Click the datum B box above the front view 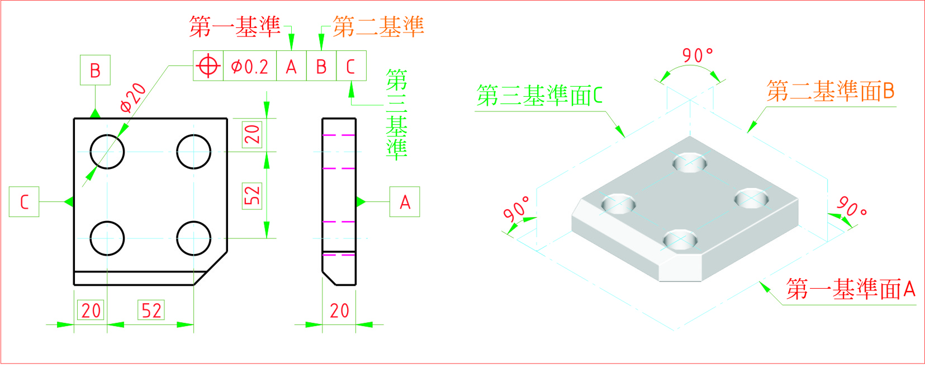(x=95, y=70)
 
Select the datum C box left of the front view (x=24, y=202)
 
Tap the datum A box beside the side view (x=405, y=202)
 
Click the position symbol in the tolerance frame (x=208, y=66)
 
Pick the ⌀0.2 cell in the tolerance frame (x=250, y=66)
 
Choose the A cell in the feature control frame (x=291, y=66)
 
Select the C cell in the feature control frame (x=351, y=66)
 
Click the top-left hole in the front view (x=107, y=152)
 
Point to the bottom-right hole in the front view (x=193, y=238)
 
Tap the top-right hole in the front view (x=193, y=152)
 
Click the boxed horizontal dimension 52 (x=151, y=310)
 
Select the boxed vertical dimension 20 (x=252, y=134)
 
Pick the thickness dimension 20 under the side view (x=339, y=310)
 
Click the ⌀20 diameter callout (x=133, y=98)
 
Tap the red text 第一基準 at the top (x=235, y=26)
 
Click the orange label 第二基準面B (x=831, y=91)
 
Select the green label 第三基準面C (x=539, y=96)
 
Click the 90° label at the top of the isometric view (x=698, y=55)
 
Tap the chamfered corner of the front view (x=211, y=268)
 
